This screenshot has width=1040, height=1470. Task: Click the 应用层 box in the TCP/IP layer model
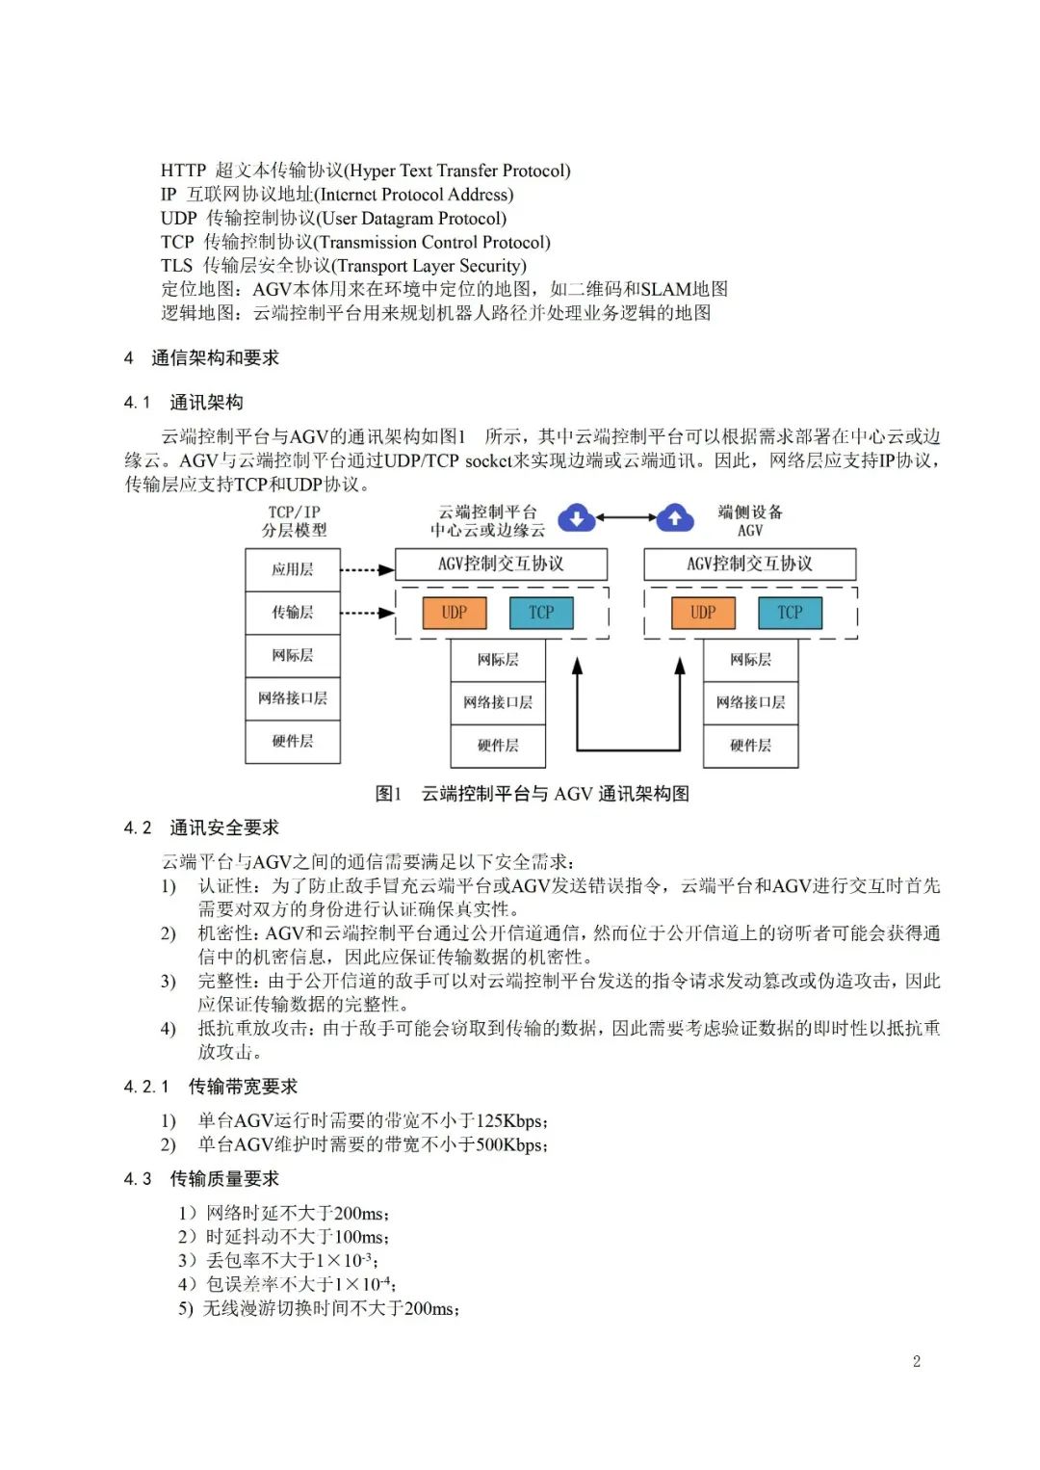pos(293,569)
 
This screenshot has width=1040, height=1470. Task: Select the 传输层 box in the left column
pos(293,613)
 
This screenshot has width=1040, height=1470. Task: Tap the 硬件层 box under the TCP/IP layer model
pos(293,741)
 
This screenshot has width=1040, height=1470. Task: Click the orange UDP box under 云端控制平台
pos(455,613)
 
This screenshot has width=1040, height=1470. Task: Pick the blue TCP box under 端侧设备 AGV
pos(790,613)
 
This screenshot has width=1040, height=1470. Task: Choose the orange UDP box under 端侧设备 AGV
pos(703,613)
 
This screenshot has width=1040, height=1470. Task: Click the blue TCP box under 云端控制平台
pos(541,613)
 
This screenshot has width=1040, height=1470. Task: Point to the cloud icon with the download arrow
pos(576,518)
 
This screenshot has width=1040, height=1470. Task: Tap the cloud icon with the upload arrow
pos(675,518)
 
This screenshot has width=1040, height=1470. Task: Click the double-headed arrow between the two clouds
pos(626,518)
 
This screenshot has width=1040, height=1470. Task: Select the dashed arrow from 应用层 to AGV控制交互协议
pos(367,569)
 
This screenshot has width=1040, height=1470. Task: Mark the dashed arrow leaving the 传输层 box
pos(367,613)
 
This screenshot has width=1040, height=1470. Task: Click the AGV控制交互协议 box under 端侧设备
pos(749,564)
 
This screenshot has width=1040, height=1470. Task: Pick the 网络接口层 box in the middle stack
pos(498,702)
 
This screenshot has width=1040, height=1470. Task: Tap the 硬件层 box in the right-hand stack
pos(750,745)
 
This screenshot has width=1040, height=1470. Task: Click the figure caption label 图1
pos(388,794)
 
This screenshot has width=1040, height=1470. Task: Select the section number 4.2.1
pos(146,1087)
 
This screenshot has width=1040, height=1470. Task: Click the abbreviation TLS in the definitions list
pos(176,266)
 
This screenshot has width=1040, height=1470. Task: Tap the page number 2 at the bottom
pos(916,1361)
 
